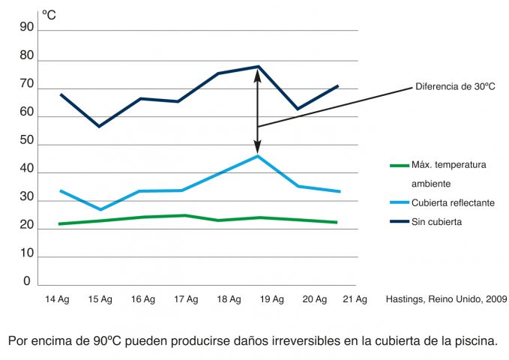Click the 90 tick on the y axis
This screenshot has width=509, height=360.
pyautogui.click(x=27, y=28)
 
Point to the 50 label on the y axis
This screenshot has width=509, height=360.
pyautogui.click(x=27, y=141)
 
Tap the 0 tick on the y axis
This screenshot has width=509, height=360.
pyautogui.click(x=27, y=281)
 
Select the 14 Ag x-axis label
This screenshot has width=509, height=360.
pyautogui.click(x=58, y=299)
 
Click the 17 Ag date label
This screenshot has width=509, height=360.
pyautogui.click(x=186, y=299)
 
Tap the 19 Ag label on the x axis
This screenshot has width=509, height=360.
pyautogui.click(x=272, y=299)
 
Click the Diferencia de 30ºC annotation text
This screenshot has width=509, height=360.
pyautogui.click(x=455, y=87)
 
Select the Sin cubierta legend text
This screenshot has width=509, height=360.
pyautogui.click(x=436, y=221)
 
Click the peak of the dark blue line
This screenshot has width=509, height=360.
pyautogui.click(x=258, y=67)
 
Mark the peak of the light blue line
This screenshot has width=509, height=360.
pyautogui.click(x=257, y=155)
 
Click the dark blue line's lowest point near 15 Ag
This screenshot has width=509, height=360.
pyautogui.click(x=98, y=126)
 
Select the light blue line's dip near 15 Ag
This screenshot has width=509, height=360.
pyautogui.click(x=100, y=209)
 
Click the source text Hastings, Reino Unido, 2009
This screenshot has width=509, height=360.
pyautogui.click(x=446, y=299)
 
